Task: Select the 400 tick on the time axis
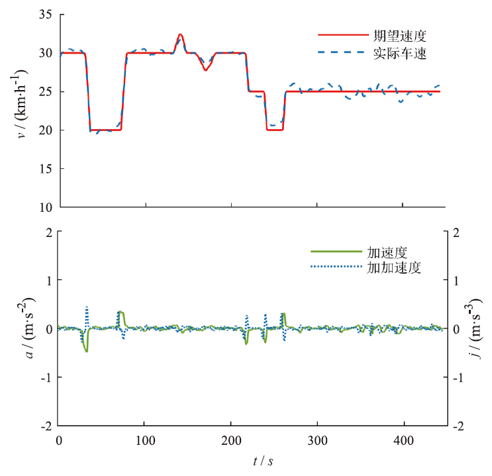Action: click(403, 440)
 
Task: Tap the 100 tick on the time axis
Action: click(145, 440)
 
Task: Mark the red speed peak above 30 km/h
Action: click(180, 34)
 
